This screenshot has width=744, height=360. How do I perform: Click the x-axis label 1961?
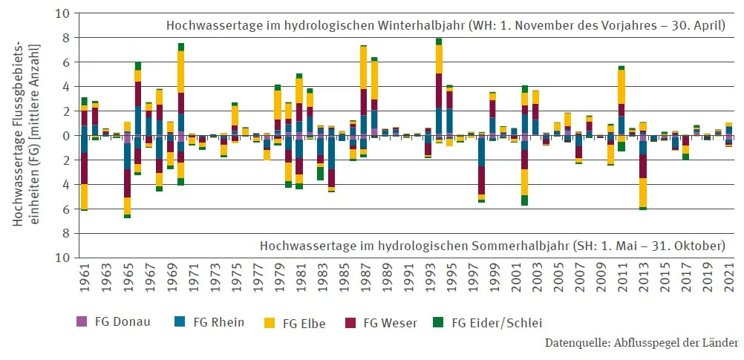tap(85, 282)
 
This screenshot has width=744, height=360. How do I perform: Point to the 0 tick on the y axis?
tap(66, 136)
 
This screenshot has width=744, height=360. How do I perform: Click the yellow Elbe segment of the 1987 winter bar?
tap(364, 68)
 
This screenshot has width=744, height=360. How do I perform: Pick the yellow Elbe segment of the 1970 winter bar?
tap(181, 71)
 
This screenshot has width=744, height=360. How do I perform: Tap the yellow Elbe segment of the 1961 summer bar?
tap(85, 197)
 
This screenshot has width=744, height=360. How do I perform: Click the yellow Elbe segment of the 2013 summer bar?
tap(643, 192)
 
